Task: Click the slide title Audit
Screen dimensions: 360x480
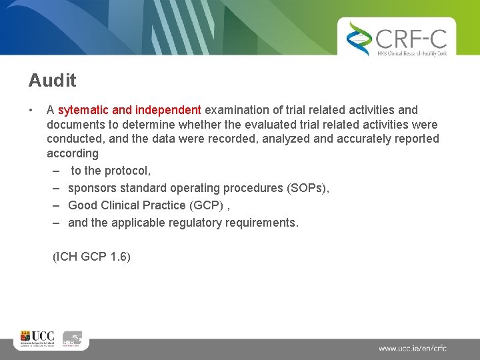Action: [x=52, y=81]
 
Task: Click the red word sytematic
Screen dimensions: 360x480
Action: [x=84, y=109]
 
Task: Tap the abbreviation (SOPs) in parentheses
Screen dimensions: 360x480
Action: [x=307, y=188]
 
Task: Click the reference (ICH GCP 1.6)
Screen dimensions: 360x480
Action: [x=91, y=256]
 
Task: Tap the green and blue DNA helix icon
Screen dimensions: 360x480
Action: [x=359, y=39]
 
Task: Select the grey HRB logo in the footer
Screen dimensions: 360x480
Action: [x=72, y=339]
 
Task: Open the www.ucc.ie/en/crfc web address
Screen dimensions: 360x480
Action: [x=412, y=348]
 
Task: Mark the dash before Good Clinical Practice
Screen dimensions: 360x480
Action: [x=57, y=205]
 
